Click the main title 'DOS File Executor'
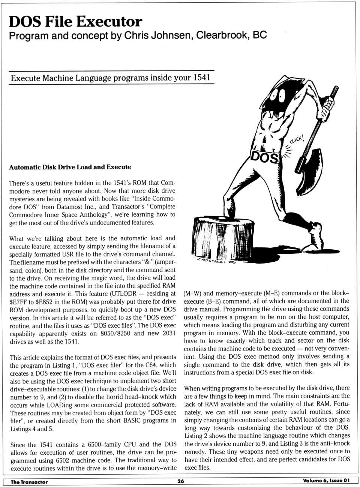click(75, 21)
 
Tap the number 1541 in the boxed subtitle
click(202, 78)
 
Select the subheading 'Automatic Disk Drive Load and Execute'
click(70, 167)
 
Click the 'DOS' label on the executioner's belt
click(264, 157)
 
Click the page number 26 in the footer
click(180, 481)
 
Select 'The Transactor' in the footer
click(29, 482)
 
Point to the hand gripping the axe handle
click(329, 102)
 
